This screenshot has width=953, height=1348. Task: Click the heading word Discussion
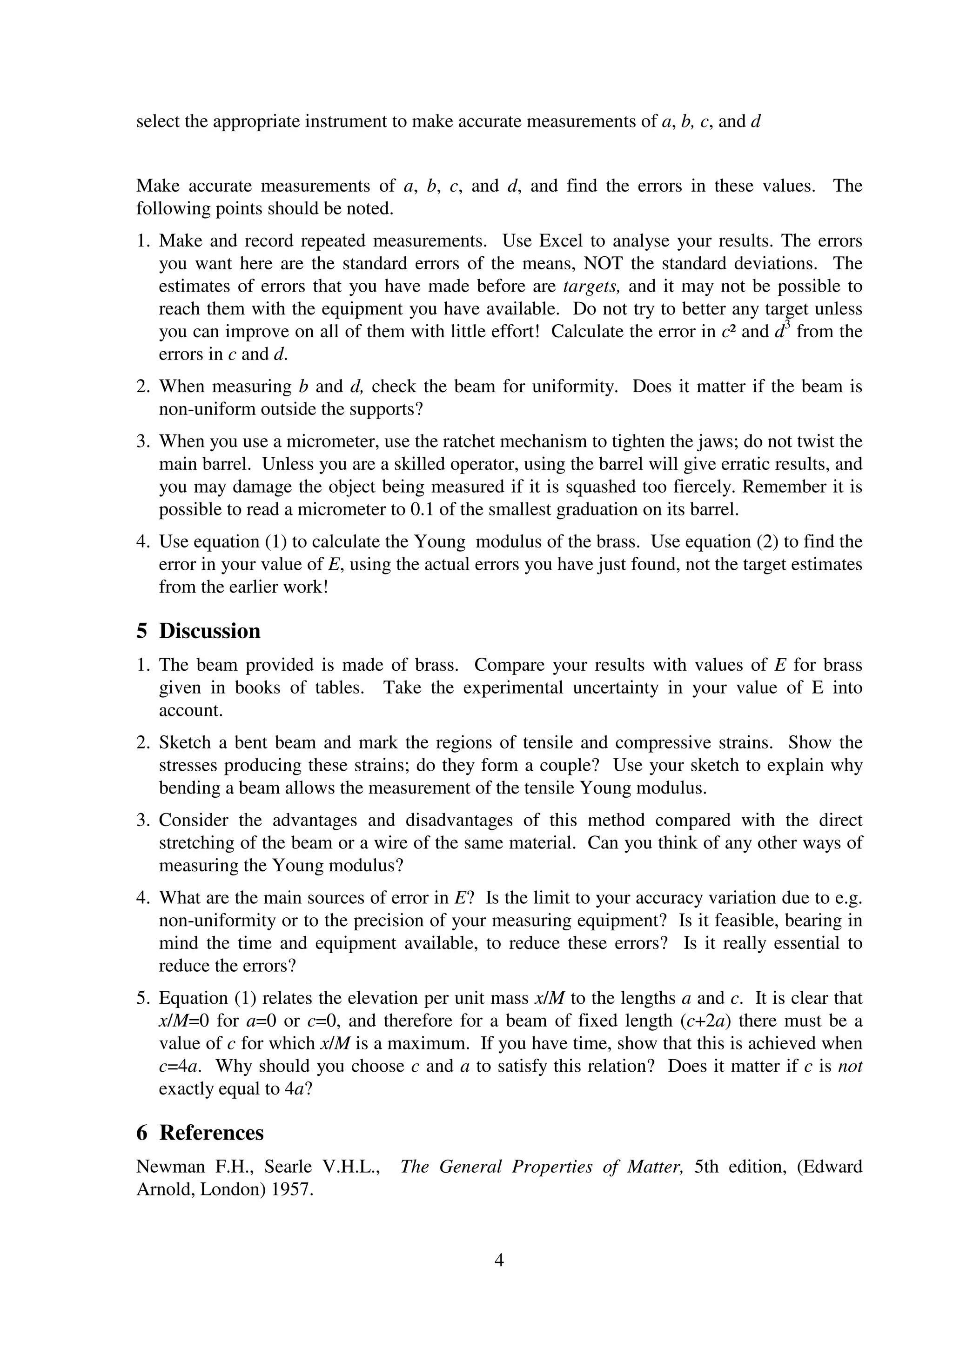point(209,631)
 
